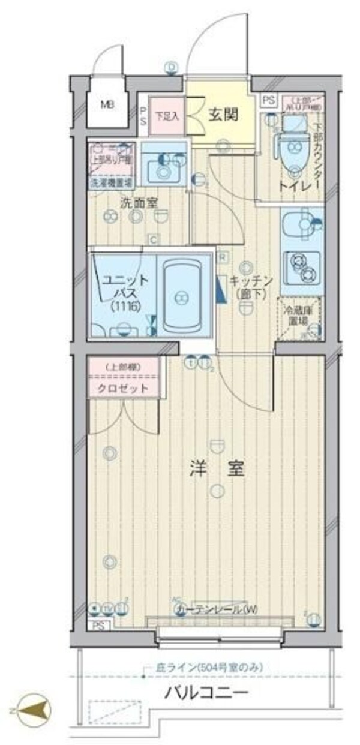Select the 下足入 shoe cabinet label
[x=167, y=116]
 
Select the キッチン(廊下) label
[x=250, y=287]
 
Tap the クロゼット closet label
[x=124, y=388]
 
